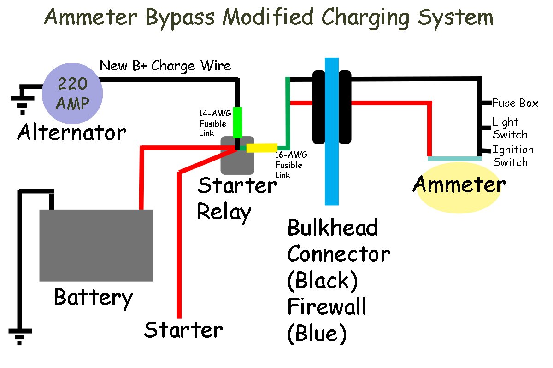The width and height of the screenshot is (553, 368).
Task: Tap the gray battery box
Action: (96, 245)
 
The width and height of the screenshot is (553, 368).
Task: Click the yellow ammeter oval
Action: (459, 186)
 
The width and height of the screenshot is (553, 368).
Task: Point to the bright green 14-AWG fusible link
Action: (237, 122)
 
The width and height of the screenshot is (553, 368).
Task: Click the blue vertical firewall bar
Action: (332, 131)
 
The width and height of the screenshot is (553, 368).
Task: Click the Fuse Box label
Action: (515, 103)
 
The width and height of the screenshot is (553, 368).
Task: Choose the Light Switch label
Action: (509, 128)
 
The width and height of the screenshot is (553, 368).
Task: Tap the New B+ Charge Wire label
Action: (165, 66)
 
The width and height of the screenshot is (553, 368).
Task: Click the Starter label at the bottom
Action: (183, 329)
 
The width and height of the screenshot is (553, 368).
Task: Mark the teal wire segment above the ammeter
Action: (454, 159)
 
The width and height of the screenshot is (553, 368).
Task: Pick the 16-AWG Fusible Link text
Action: (289, 165)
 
